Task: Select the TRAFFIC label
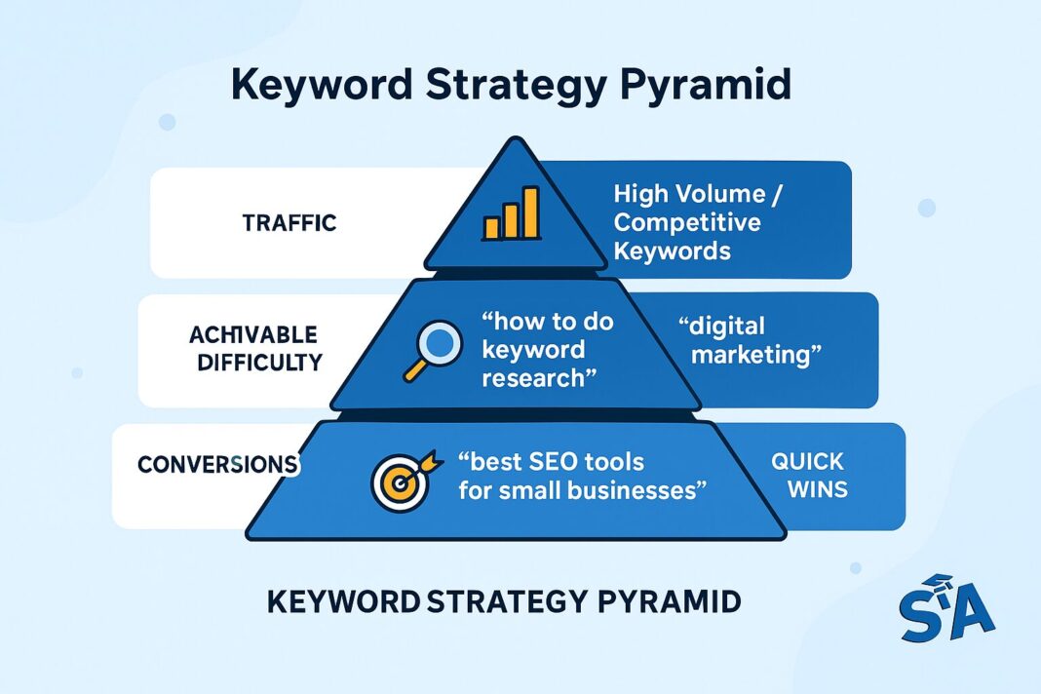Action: [289, 223]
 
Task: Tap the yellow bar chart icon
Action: [511, 214]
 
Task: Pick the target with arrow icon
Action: [400, 475]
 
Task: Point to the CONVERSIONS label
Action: [217, 464]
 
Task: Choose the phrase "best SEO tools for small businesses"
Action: [582, 475]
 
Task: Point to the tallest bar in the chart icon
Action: [530, 212]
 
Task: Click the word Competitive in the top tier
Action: [686, 222]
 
